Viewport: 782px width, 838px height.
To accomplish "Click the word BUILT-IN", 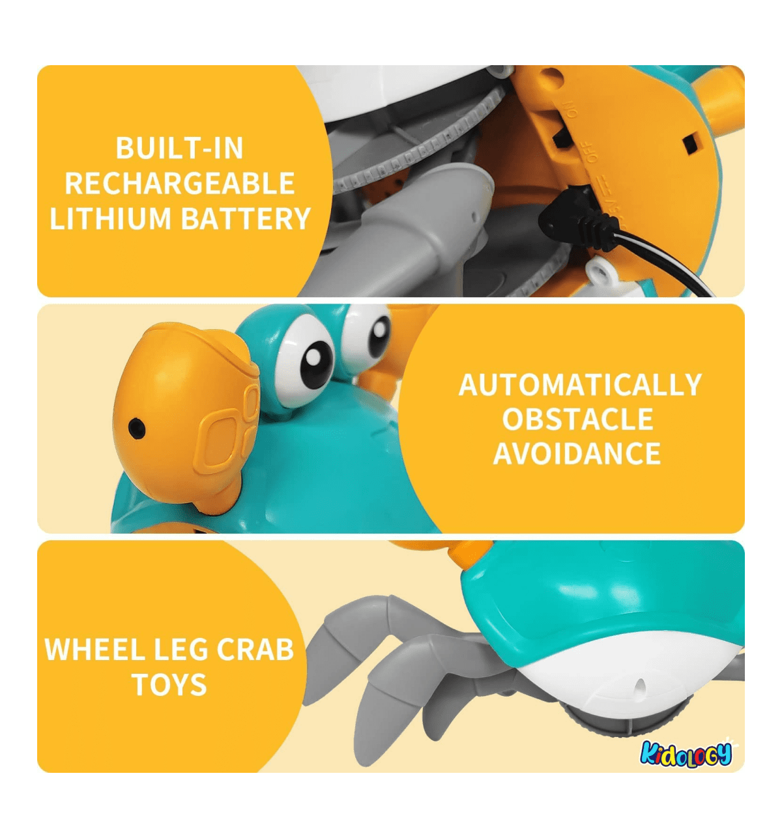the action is [179, 148].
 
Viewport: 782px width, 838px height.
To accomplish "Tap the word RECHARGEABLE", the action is [180, 183].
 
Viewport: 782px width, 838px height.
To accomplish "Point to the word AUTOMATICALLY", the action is [580, 384].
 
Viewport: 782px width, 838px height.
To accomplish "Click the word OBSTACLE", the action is [578, 419].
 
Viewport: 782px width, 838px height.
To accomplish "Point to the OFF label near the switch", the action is [592, 152].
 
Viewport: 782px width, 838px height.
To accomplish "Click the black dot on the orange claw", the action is [137, 429].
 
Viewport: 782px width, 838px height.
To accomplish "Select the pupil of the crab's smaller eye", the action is [379, 337].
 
